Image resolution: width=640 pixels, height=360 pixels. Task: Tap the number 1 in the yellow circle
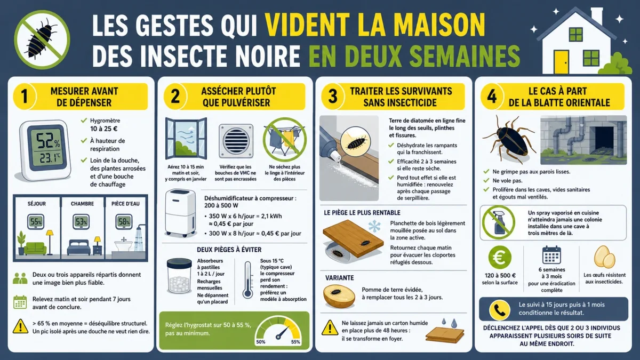click(x=25, y=97)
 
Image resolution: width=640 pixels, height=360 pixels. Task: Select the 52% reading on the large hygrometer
click(x=48, y=141)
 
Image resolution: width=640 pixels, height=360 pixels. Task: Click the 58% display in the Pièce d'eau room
click(x=124, y=222)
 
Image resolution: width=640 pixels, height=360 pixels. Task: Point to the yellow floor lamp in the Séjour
click(x=50, y=242)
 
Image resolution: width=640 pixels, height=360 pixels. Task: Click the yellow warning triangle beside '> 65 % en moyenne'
click(x=20, y=326)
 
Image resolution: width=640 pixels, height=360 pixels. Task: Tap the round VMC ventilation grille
click(x=236, y=141)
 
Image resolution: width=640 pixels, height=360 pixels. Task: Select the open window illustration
click(x=186, y=138)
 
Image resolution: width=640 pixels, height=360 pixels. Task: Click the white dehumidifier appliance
click(x=180, y=213)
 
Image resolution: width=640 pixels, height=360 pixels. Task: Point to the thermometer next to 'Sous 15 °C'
click(x=247, y=280)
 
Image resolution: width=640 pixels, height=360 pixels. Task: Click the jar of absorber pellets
click(x=179, y=276)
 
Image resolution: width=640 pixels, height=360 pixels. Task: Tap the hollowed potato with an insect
click(x=339, y=297)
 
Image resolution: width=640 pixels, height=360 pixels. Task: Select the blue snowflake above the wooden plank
click(x=374, y=226)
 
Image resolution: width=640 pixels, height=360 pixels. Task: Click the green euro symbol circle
click(x=500, y=258)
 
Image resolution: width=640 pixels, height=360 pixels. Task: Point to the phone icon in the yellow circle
click(x=499, y=310)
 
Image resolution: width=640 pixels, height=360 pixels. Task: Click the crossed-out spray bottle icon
click(x=499, y=222)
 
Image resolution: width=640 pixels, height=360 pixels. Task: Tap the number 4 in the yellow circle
click(x=492, y=97)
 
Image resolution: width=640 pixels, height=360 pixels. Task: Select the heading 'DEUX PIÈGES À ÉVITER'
click(x=229, y=250)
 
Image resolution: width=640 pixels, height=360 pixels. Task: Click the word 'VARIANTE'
click(x=339, y=278)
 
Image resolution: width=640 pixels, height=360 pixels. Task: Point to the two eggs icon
click(x=604, y=257)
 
